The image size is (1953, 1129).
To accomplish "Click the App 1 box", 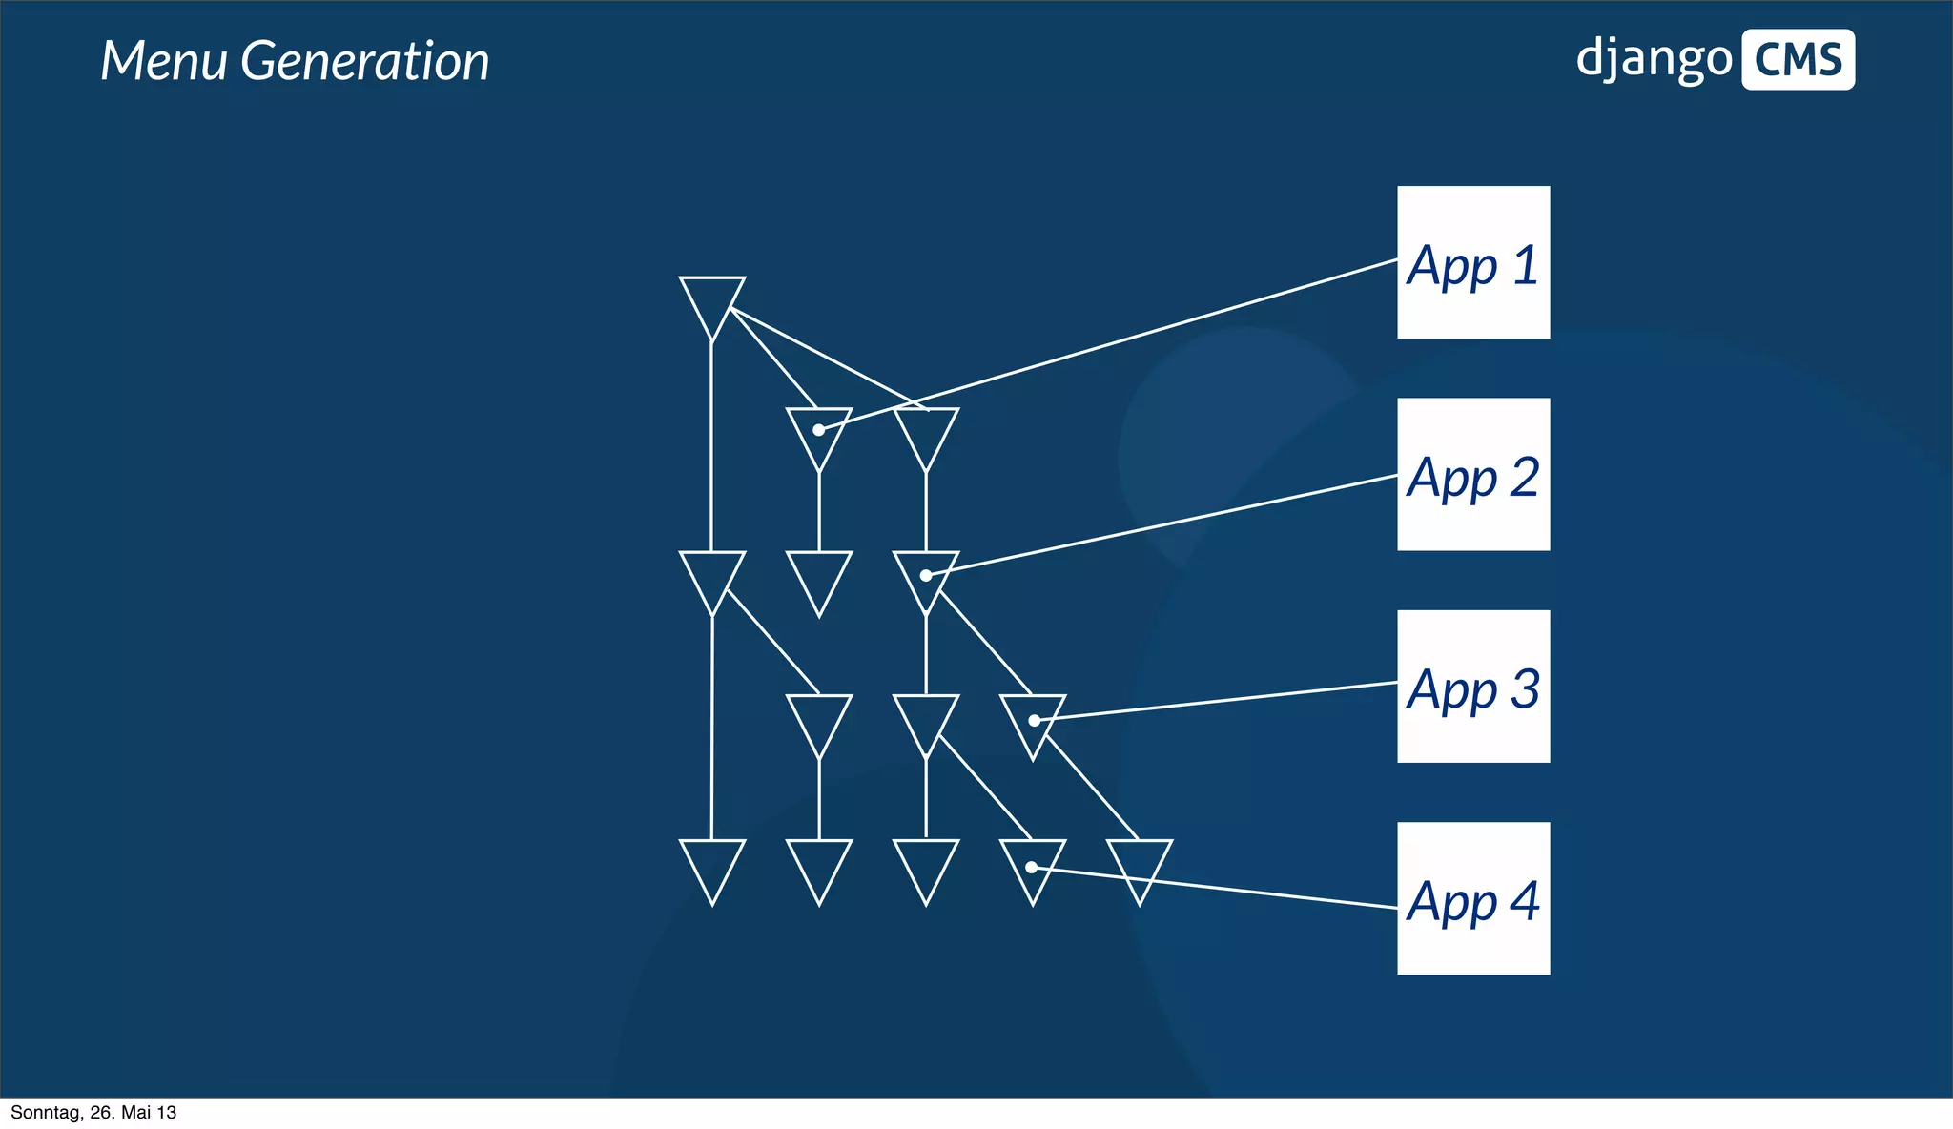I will (x=1473, y=262).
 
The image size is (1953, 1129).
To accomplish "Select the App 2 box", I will (x=1473, y=474).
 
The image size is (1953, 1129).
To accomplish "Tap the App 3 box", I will (x=1473, y=687).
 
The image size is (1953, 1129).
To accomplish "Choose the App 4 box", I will (x=1473, y=898).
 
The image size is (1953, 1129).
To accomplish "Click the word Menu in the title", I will (x=164, y=61).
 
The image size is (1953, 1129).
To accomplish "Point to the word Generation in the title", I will (x=364, y=61).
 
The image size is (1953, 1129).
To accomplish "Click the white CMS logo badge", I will (x=1798, y=60).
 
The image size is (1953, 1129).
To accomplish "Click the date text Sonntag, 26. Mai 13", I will (x=93, y=1113).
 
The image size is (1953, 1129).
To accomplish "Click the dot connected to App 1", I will (x=818, y=430).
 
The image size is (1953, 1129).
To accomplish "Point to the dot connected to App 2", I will (x=926, y=575).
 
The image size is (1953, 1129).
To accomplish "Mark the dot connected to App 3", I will (x=1034, y=720).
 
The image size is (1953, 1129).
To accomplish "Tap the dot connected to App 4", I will (x=1031, y=867).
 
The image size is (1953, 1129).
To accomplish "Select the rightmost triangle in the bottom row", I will (x=1140, y=864).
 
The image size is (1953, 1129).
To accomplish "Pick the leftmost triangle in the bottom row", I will (x=712, y=864).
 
